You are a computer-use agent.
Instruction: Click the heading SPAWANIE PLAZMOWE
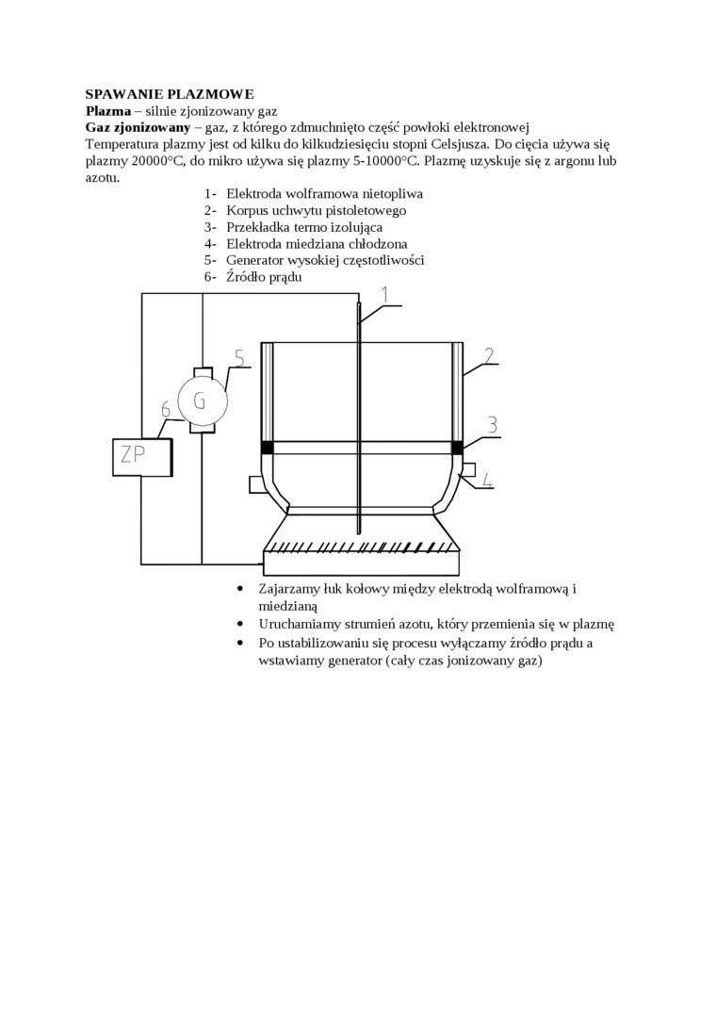click(170, 94)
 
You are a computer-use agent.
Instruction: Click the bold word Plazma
click(106, 110)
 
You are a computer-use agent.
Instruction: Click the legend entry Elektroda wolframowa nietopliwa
click(324, 193)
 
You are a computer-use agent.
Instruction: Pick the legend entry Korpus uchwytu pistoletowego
click(316, 210)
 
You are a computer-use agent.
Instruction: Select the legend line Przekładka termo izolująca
click(304, 227)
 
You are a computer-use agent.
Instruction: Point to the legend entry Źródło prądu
click(264, 278)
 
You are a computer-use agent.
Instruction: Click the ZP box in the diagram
click(141, 456)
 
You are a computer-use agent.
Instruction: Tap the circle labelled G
click(200, 400)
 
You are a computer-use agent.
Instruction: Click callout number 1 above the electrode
click(384, 295)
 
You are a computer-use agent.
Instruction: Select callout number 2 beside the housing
click(489, 355)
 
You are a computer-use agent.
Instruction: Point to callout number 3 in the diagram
click(492, 425)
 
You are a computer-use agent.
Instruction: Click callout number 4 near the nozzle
click(487, 480)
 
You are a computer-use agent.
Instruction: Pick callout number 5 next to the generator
click(238, 358)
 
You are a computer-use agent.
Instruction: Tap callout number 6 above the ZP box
click(166, 409)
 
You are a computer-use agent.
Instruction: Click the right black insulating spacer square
click(458, 447)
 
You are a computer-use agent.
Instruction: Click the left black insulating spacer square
click(267, 447)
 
